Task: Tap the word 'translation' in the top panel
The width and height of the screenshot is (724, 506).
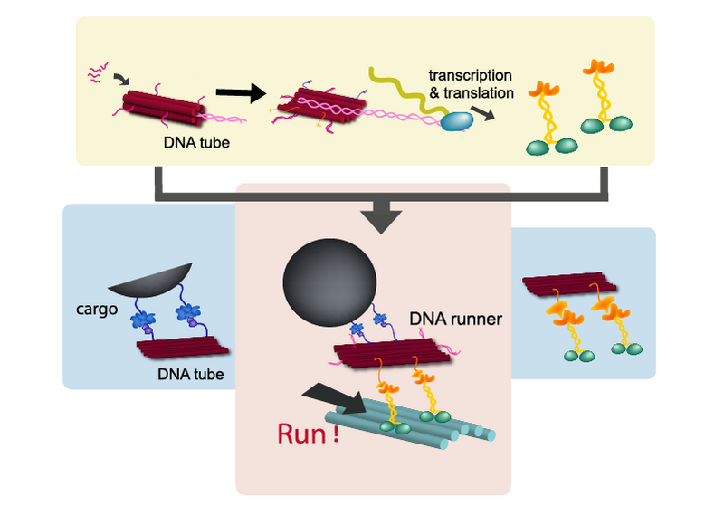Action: (x=489, y=91)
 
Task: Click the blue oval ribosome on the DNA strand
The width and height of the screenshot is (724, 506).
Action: (x=458, y=121)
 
